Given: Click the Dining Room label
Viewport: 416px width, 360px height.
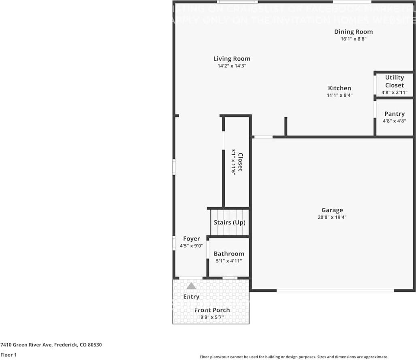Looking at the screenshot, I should pos(353,32).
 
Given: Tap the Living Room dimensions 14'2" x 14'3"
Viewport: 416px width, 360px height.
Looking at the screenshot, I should pos(232,66).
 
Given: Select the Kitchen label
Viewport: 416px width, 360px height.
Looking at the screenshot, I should pos(339,88).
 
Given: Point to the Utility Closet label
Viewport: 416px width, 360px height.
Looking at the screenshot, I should pos(394,81).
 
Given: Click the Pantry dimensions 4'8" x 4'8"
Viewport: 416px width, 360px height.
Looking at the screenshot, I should pos(394,121).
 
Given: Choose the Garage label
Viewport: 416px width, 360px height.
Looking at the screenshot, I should pos(332,210).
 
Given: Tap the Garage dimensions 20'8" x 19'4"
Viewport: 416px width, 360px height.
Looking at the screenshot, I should pos(332,217).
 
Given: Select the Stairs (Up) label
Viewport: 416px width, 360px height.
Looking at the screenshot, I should pos(229,222).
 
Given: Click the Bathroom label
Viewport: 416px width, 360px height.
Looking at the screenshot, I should pos(229,253).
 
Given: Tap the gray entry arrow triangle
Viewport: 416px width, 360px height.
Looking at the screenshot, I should pos(191,286).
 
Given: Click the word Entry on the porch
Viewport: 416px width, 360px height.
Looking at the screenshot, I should pos(191,296).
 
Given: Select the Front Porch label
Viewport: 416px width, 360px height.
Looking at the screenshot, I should pos(212,310).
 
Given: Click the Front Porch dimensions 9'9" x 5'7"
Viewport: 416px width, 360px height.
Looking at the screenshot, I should pos(212,317).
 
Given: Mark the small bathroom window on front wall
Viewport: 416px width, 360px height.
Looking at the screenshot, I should pos(230,278).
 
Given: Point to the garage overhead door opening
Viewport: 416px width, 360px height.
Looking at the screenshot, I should pos(335,290).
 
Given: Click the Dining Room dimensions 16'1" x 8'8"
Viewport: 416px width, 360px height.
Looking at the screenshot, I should pos(353,39).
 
